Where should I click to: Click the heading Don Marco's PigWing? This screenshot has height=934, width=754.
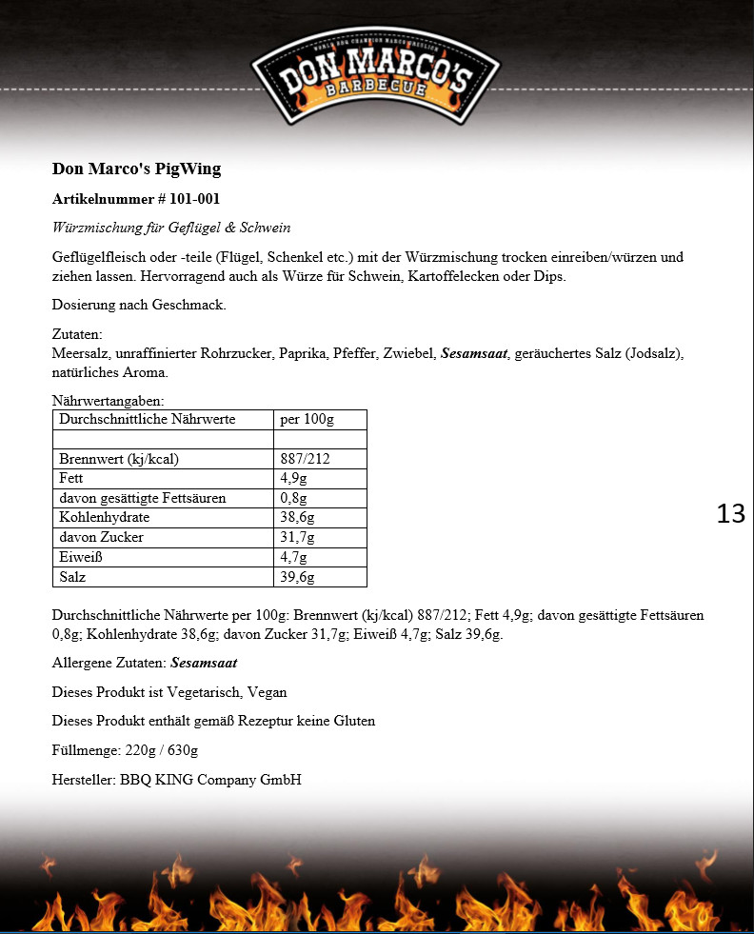(x=136, y=169)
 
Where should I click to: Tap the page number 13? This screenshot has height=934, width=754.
(x=730, y=514)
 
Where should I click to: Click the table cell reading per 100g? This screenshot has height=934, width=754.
(x=307, y=420)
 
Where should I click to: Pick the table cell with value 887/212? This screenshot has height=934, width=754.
(x=305, y=459)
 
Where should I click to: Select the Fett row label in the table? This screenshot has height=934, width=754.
(x=71, y=479)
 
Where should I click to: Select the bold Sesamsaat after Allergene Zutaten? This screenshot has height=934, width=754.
(x=204, y=663)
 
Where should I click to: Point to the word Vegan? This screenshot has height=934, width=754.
(x=268, y=692)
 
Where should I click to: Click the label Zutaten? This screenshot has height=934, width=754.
(x=76, y=335)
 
